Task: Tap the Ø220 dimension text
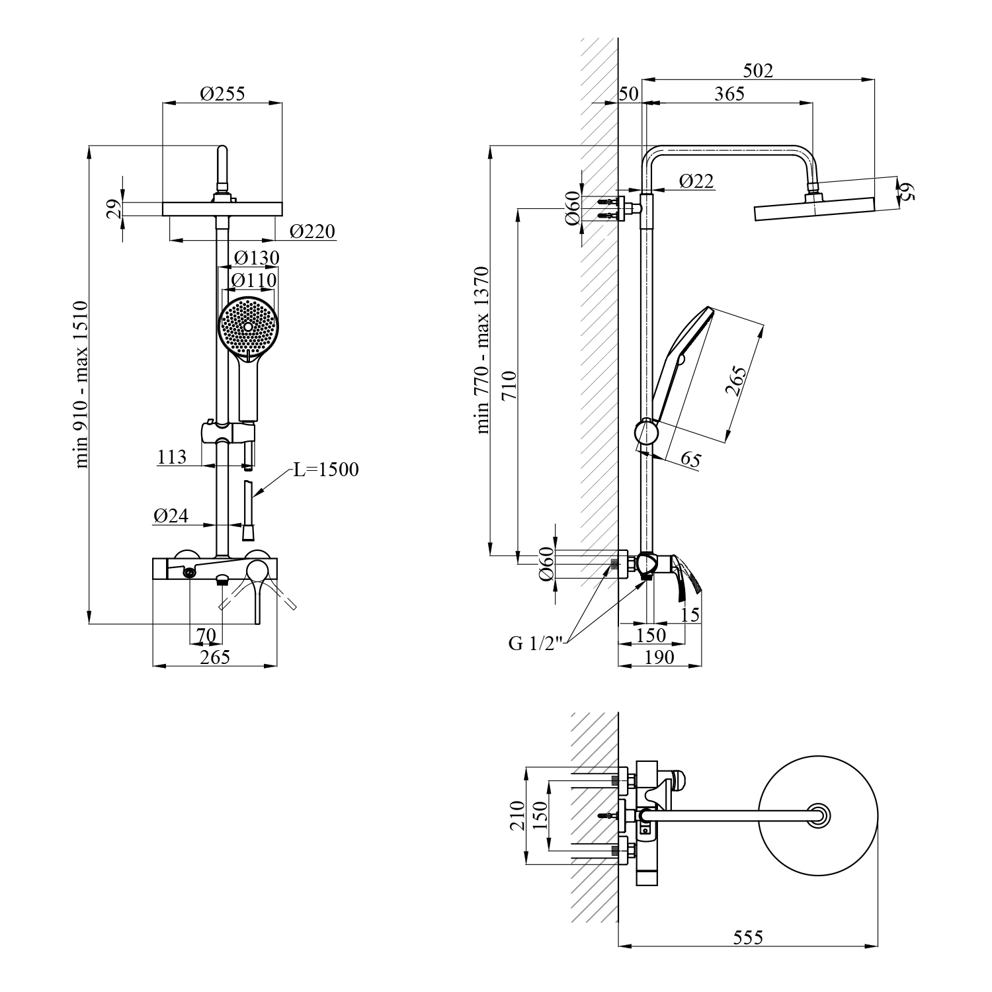click(x=313, y=231)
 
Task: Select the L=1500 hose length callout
click(x=326, y=470)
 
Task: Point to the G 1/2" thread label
click(x=536, y=643)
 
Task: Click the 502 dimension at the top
click(x=758, y=70)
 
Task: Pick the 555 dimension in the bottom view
click(x=748, y=937)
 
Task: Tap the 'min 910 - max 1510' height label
click(x=81, y=384)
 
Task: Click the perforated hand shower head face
click(x=248, y=327)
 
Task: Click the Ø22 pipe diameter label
click(x=696, y=181)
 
